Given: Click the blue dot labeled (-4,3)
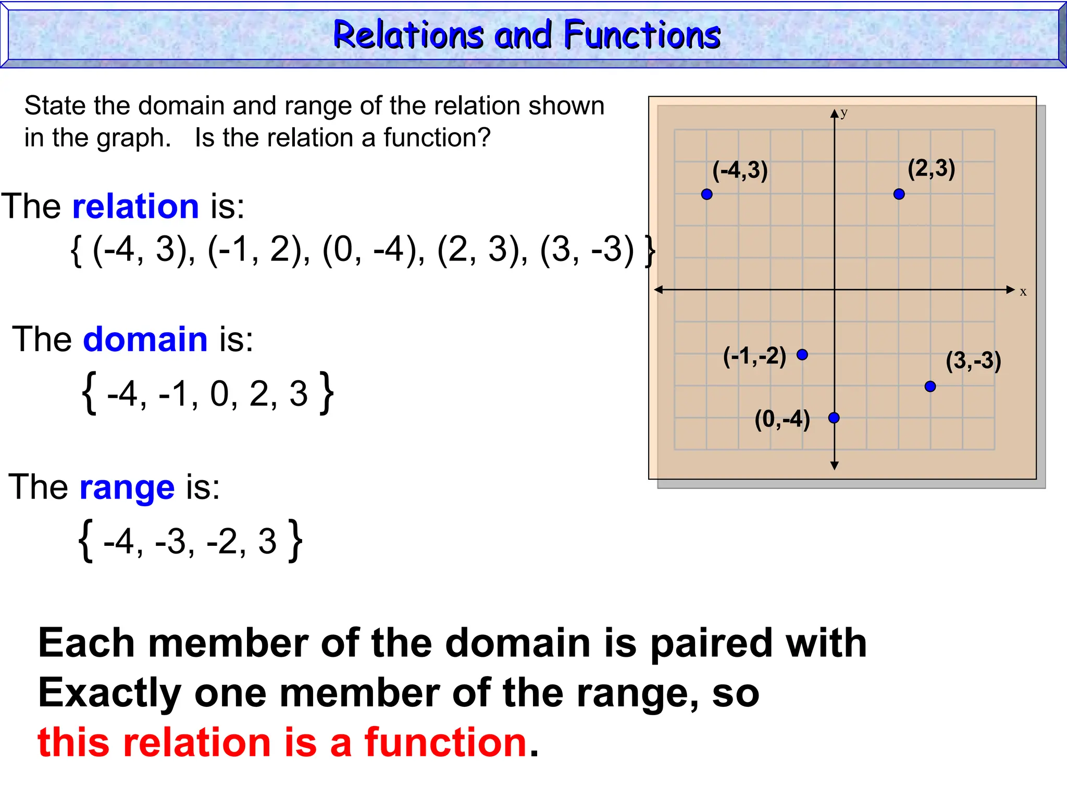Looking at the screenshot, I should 706,194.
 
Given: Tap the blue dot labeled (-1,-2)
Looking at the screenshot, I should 802,355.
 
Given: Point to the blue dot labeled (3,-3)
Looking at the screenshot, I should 930,386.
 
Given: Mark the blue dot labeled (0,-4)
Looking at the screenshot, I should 834,418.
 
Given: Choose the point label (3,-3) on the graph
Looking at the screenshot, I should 973,361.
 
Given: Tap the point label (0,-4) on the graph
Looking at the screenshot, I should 782,419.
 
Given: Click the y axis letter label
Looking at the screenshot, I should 844,113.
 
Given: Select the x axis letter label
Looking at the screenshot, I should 1023,292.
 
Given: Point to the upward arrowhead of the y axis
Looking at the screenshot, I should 835,114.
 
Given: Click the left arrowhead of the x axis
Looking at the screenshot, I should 659,290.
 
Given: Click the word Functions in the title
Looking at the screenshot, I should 642,35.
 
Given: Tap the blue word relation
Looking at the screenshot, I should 135,206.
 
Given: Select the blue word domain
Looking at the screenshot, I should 145,340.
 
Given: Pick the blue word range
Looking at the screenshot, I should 127,488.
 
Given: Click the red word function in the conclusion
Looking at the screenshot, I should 445,742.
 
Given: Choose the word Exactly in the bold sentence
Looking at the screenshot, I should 109,693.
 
